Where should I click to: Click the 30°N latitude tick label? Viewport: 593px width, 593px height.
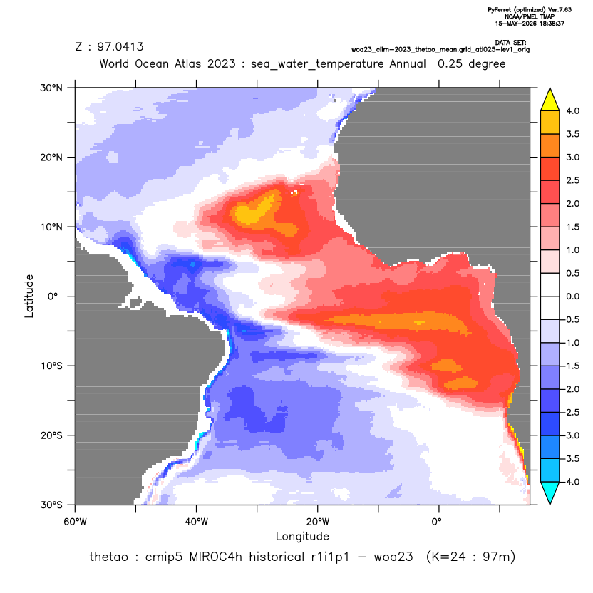(x=51, y=88)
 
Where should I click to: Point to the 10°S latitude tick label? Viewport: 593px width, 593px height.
(x=51, y=366)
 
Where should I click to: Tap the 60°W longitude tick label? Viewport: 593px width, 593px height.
(x=75, y=522)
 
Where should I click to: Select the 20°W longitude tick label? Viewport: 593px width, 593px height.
(x=318, y=522)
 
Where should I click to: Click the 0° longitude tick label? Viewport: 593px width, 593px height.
(x=436, y=522)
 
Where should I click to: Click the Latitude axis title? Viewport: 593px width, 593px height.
(x=29, y=296)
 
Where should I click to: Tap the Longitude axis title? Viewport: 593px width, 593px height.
(x=302, y=536)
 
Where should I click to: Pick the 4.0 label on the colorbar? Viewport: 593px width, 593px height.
(x=572, y=110)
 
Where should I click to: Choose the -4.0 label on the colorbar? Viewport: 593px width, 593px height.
(x=571, y=482)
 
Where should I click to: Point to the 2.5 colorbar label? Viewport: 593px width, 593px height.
(x=572, y=180)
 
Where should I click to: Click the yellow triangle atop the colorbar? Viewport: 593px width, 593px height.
(x=550, y=100)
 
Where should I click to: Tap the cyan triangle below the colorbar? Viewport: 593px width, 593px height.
(x=550, y=493)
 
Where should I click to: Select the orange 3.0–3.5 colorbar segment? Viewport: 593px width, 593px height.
(x=550, y=145)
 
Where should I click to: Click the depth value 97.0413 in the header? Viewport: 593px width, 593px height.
(x=120, y=46)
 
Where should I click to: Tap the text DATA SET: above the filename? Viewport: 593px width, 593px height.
(x=510, y=43)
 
